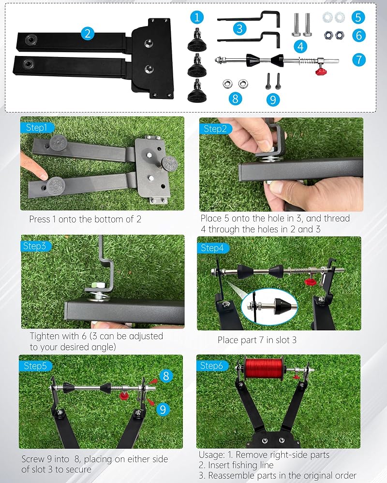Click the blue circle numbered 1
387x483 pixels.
(x=197, y=17)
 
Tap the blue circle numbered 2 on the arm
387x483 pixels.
(x=88, y=33)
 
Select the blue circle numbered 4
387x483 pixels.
(x=300, y=46)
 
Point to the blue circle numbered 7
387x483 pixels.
(x=359, y=59)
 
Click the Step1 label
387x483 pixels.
(x=36, y=128)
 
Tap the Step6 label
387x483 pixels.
(x=211, y=366)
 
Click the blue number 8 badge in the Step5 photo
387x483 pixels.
(x=166, y=376)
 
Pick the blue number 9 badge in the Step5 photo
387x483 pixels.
(x=163, y=410)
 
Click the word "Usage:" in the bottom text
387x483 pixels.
(x=212, y=455)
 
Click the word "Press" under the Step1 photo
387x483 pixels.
(x=40, y=219)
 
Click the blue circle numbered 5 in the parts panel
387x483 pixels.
(x=358, y=17)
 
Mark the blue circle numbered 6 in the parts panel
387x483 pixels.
(x=359, y=35)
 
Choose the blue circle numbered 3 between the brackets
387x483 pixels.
(x=240, y=28)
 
